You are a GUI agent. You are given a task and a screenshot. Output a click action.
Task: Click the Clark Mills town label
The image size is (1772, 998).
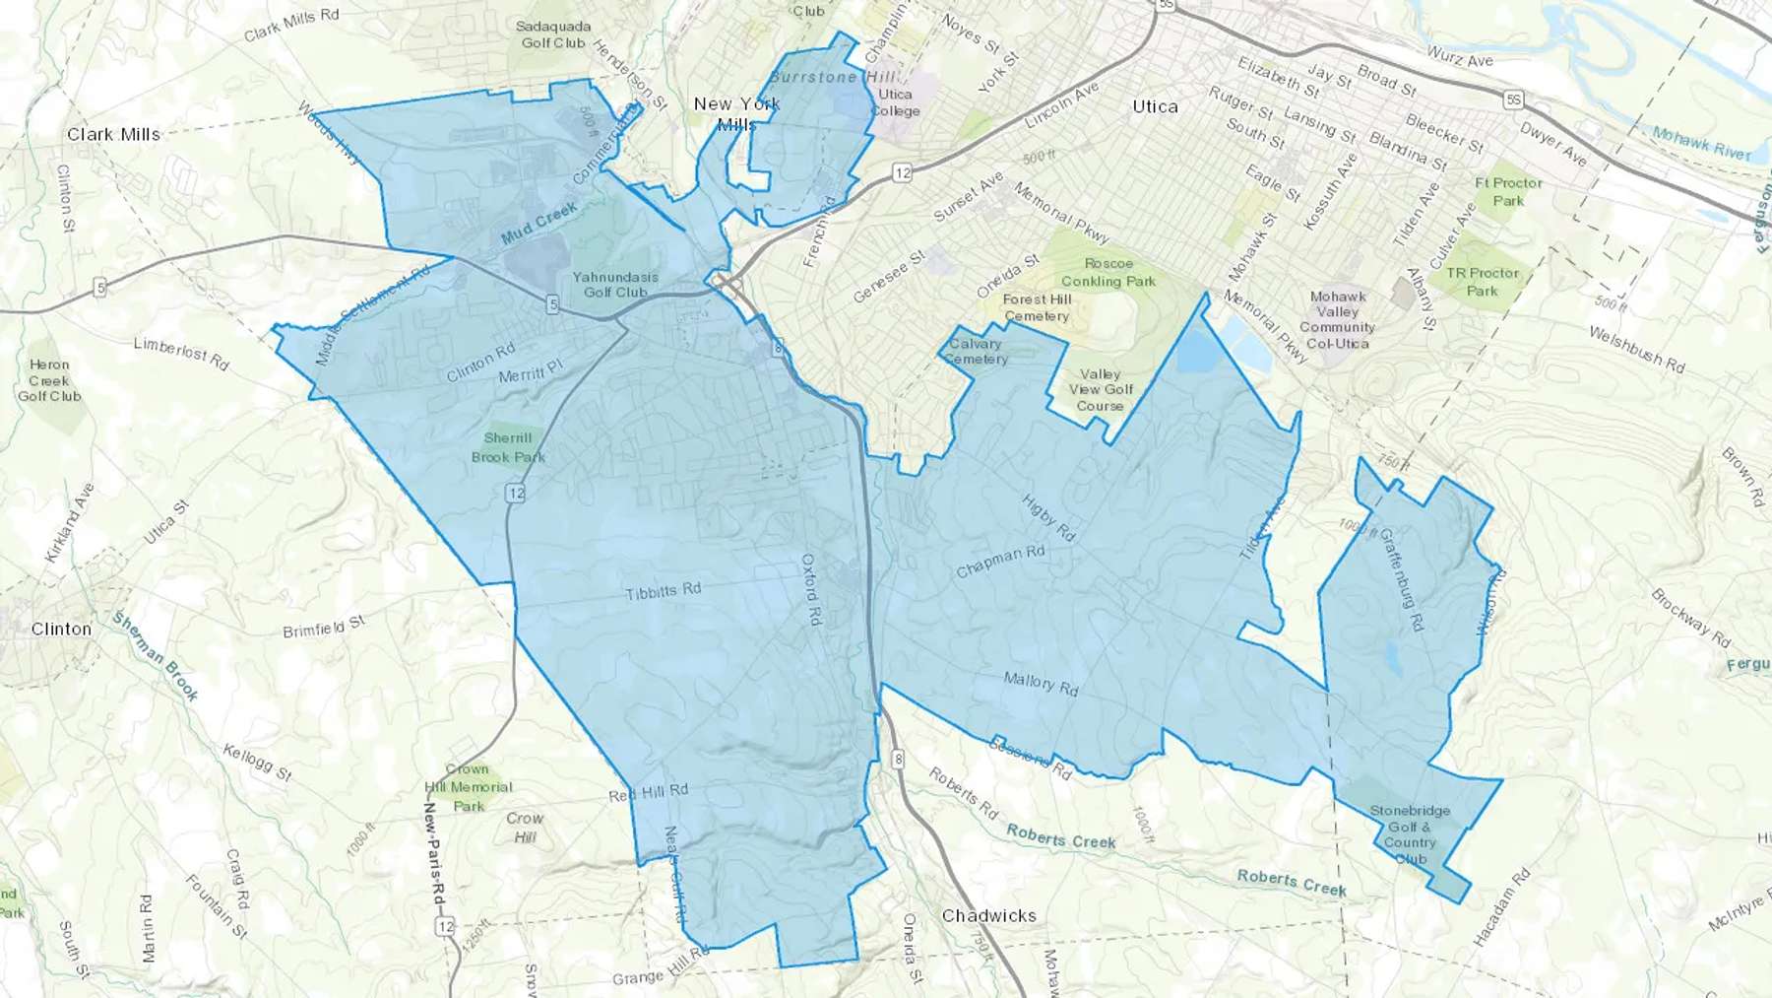coord(113,134)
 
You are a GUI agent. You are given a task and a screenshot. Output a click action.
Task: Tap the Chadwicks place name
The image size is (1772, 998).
coord(988,915)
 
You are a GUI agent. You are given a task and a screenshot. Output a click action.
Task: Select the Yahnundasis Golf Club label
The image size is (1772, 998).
coord(615,285)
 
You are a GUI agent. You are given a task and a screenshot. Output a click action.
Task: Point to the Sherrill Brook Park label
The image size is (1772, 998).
coord(508,447)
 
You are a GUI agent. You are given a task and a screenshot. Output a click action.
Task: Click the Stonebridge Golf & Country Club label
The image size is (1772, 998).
coord(1410,834)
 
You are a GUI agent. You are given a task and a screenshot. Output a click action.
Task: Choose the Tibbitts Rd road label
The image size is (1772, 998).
coord(664,591)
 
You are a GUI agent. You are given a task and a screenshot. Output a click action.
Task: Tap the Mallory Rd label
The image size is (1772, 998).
coord(1041,683)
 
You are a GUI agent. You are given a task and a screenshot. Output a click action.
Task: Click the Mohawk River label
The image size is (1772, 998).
coord(1702,144)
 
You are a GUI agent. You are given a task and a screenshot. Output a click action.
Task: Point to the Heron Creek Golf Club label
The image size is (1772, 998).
coord(49,380)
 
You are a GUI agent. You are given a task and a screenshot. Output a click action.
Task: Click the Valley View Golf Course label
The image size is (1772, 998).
coord(1100,390)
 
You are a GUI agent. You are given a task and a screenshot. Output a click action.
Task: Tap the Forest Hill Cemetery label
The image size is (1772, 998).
coord(1037,307)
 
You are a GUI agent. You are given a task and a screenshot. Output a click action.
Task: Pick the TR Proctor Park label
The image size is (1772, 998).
coord(1483,282)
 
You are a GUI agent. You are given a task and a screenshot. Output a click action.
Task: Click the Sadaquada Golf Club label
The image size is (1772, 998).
coord(553,34)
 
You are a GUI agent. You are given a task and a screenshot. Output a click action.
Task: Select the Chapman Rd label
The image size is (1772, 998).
coord(1000,562)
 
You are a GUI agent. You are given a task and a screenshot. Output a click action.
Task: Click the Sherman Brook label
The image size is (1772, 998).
coord(156,656)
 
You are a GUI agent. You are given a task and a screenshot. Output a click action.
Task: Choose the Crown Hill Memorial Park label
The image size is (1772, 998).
coord(468,787)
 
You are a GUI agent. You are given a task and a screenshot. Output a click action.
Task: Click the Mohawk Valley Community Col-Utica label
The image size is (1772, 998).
coord(1337,320)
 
